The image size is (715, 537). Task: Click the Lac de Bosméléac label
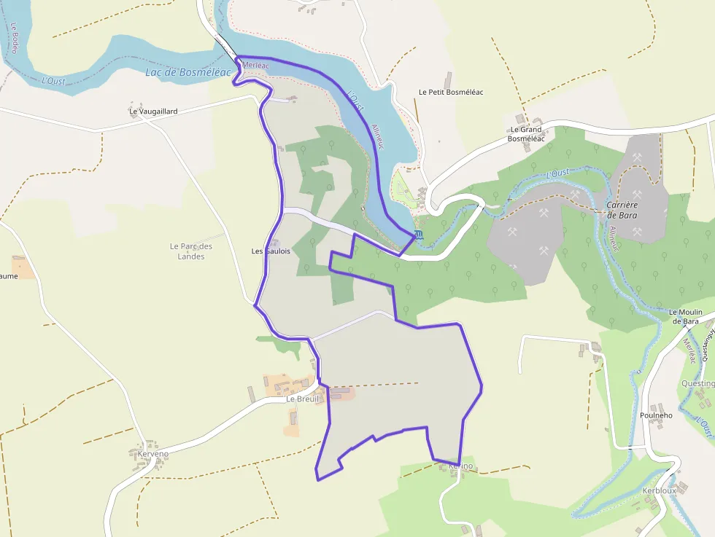188,72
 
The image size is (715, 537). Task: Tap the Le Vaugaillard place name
153,111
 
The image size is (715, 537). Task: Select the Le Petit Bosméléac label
451,93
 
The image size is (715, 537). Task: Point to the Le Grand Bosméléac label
526,134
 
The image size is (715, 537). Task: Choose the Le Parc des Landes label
190,251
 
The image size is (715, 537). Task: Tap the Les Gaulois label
271,251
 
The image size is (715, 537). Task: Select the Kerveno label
153,454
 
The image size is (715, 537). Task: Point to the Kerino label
461,466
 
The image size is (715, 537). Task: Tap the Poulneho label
656,415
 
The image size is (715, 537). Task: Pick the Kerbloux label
659,491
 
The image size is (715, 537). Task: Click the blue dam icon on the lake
417,235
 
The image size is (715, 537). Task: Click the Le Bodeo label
14,36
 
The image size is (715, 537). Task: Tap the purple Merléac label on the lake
255,66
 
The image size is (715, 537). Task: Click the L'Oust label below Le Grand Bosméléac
558,173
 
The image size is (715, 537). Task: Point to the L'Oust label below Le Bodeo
53,80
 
